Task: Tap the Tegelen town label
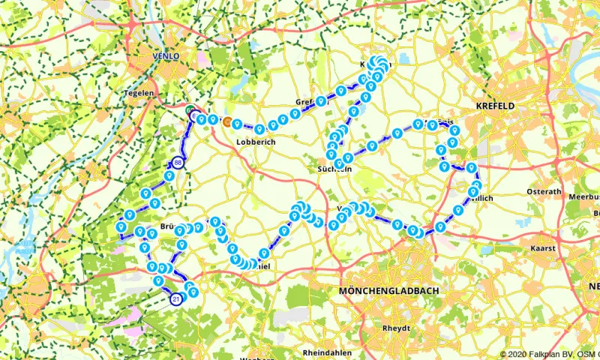[x=139, y=93]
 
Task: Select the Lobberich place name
[x=252, y=140]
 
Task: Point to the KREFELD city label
[x=495, y=106]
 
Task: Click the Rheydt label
[x=396, y=328]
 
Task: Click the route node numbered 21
[x=175, y=299]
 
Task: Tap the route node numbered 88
[x=178, y=163]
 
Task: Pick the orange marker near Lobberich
[x=227, y=121]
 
